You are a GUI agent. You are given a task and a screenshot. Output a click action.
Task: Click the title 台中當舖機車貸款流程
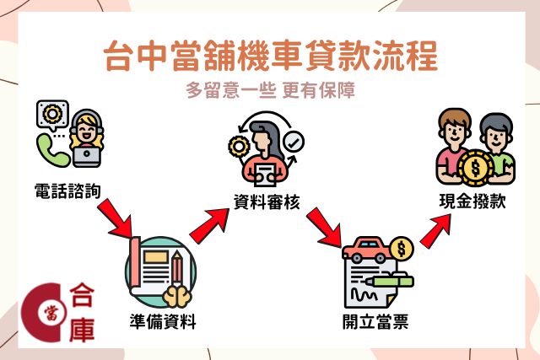(x=270, y=58)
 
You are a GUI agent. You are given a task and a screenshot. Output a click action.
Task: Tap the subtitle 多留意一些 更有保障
(x=270, y=89)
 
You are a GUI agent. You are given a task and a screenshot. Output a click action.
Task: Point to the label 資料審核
(x=267, y=201)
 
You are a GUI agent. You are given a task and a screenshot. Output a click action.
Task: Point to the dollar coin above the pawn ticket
(x=402, y=249)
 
